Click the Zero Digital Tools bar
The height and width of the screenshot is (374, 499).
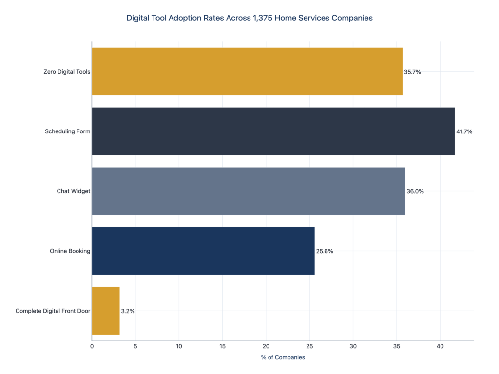tap(247, 72)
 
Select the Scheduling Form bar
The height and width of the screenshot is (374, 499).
tap(273, 131)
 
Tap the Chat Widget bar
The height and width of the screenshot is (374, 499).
tap(248, 191)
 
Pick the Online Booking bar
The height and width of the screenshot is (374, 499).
tap(203, 251)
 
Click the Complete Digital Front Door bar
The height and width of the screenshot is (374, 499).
tap(105, 311)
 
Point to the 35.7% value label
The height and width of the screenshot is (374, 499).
tap(412, 72)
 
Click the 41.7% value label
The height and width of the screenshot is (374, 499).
tap(464, 131)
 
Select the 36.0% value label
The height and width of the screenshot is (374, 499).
tap(415, 191)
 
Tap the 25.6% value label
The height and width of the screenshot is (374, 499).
tap(325, 251)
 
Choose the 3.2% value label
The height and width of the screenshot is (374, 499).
tap(128, 311)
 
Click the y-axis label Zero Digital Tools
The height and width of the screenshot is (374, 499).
tap(67, 72)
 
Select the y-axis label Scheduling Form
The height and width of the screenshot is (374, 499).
tap(67, 131)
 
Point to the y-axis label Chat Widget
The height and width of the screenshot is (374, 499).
tap(73, 191)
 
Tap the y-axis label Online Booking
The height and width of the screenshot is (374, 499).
tap(70, 251)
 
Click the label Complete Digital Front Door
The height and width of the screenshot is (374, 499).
tap(53, 311)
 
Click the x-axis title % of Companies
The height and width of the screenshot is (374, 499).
tap(283, 357)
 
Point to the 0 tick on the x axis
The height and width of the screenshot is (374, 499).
tap(92, 346)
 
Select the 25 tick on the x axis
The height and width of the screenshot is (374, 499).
tap(309, 346)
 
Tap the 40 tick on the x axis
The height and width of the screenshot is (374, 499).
tap(440, 346)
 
